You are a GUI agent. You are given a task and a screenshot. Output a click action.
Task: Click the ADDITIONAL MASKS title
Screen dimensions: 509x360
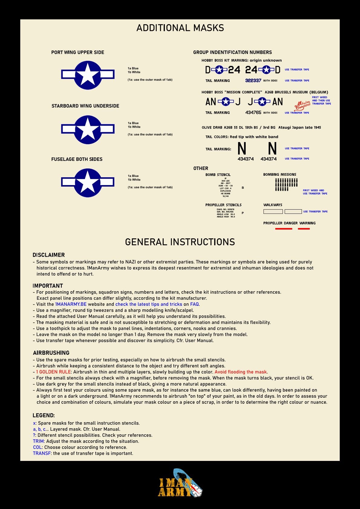click(x=180, y=28)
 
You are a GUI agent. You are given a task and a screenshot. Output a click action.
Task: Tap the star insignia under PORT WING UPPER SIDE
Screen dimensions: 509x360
click(x=88, y=75)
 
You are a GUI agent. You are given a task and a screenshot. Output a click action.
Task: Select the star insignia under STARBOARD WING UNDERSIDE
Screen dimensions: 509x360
click(x=88, y=129)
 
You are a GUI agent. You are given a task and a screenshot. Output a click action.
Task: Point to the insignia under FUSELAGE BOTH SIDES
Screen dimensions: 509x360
click(x=88, y=182)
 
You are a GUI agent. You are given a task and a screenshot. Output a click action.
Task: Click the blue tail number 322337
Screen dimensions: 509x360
click(x=253, y=80)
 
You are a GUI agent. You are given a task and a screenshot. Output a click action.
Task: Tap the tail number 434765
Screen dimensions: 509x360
click(x=253, y=113)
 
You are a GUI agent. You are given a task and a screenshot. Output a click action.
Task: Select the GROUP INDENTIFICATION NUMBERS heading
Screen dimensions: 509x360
click(x=232, y=52)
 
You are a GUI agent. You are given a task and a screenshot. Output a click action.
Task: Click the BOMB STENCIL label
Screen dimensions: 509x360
click(x=218, y=175)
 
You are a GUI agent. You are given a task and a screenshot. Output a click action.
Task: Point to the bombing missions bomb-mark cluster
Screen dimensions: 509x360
click(x=286, y=184)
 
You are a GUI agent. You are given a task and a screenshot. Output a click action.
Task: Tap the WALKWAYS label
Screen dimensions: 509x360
click(x=273, y=205)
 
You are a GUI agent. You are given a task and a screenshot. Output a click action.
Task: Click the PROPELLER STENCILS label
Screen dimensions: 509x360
click(x=223, y=205)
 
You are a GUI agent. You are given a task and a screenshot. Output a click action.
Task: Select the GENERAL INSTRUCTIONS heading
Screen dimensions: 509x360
click(x=180, y=242)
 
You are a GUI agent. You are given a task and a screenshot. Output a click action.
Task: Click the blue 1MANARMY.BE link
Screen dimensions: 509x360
click(x=71, y=304)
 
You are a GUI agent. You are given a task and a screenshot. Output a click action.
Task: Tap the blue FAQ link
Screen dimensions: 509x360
click(x=194, y=304)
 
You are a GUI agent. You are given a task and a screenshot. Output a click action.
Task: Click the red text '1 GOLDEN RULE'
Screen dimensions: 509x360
click(x=53, y=372)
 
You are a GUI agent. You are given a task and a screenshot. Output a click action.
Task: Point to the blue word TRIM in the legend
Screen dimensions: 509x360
click(x=38, y=441)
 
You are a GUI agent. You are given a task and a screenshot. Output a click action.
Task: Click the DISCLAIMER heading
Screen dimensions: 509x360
click(x=49, y=255)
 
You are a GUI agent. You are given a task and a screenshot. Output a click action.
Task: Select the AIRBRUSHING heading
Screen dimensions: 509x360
click(x=51, y=353)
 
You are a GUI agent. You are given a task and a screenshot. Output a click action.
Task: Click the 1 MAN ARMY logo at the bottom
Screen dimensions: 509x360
click(x=180, y=483)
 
